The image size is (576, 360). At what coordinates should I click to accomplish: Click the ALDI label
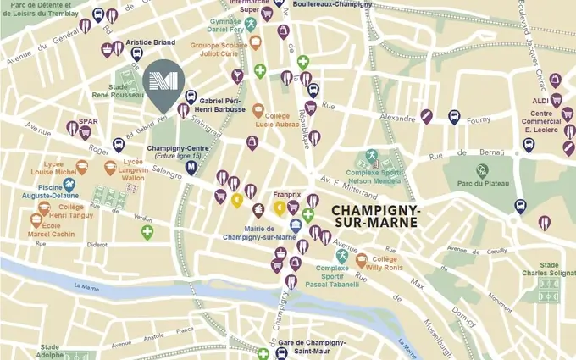541,100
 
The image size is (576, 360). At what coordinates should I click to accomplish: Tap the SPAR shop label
88,122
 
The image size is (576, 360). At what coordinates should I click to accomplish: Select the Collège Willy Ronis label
385,263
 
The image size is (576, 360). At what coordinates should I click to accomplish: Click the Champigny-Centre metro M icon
191,167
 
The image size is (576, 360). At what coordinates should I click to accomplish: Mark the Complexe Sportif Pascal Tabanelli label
338,278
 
